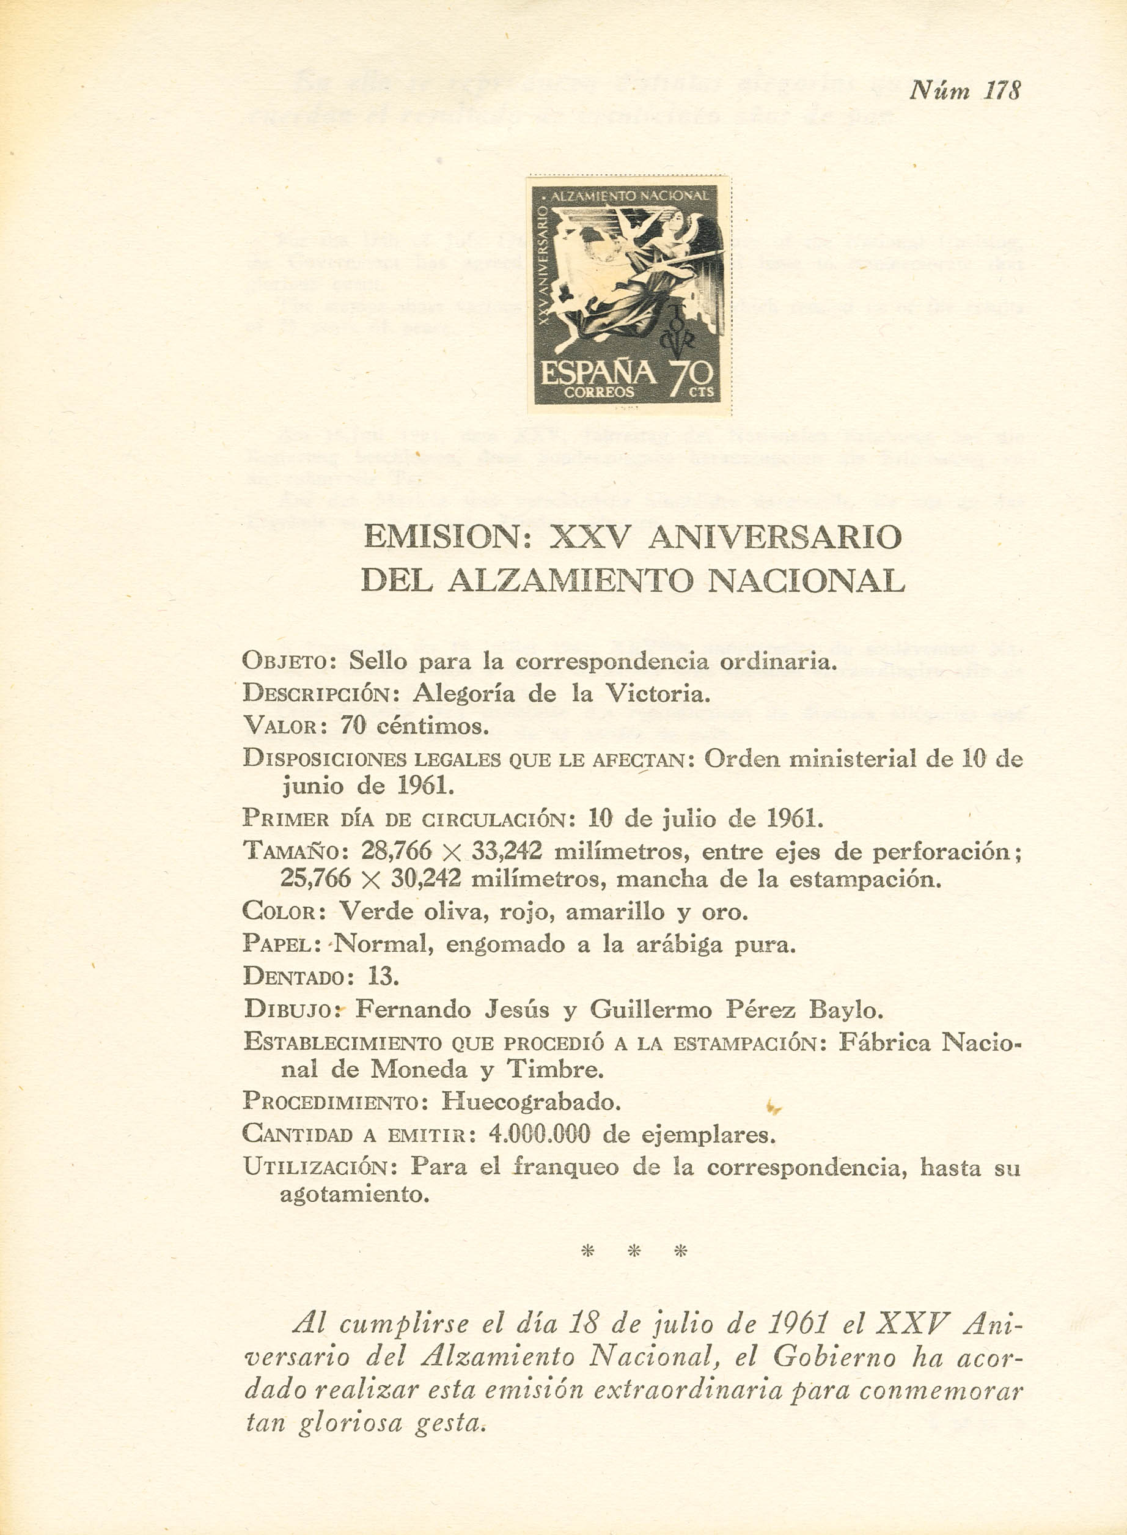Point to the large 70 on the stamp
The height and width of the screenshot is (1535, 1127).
tap(691, 377)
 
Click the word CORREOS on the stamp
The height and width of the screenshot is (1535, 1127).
tap(598, 392)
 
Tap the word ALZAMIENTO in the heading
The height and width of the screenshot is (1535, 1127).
tap(570, 581)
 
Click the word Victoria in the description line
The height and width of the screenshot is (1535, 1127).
tap(658, 694)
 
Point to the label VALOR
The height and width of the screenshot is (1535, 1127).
tap(280, 726)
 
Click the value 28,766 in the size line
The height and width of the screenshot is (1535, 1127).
tap(395, 851)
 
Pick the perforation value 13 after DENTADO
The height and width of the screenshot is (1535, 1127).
tap(382, 976)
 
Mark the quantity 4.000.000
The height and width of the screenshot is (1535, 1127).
tap(539, 1134)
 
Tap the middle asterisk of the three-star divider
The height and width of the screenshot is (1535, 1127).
tap(634, 1251)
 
